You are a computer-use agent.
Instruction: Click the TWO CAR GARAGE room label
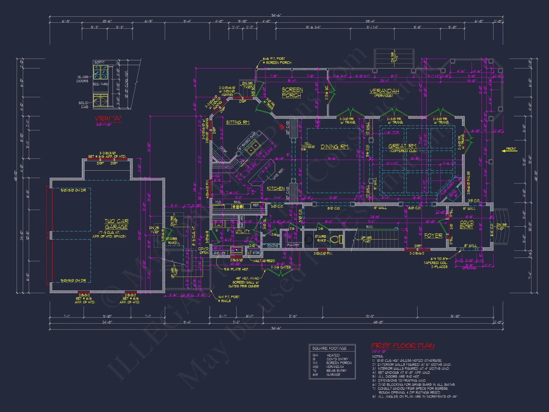(x=116, y=224)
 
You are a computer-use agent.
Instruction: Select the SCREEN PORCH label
(x=292, y=93)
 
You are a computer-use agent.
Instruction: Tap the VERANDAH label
(x=384, y=91)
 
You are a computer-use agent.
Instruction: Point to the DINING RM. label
(x=335, y=147)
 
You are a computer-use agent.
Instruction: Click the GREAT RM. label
(x=403, y=146)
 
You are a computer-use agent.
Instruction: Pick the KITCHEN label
(x=276, y=188)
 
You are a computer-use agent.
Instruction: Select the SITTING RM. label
(x=238, y=123)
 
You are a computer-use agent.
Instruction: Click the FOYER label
(x=433, y=236)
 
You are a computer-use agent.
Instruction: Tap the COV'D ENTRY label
(x=467, y=224)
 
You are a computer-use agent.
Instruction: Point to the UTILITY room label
(x=243, y=232)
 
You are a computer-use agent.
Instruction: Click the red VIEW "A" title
(x=108, y=119)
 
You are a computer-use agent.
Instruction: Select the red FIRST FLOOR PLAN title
(x=403, y=346)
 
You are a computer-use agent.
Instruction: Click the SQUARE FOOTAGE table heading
(x=329, y=348)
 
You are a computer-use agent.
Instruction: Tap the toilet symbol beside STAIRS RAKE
(x=337, y=239)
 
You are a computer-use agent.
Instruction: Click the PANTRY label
(x=293, y=245)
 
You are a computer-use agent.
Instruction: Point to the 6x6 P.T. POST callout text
(x=274, y=59)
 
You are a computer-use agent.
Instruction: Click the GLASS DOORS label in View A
(x=83, y=79)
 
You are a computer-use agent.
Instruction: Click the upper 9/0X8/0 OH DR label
(x=73, y=190)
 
